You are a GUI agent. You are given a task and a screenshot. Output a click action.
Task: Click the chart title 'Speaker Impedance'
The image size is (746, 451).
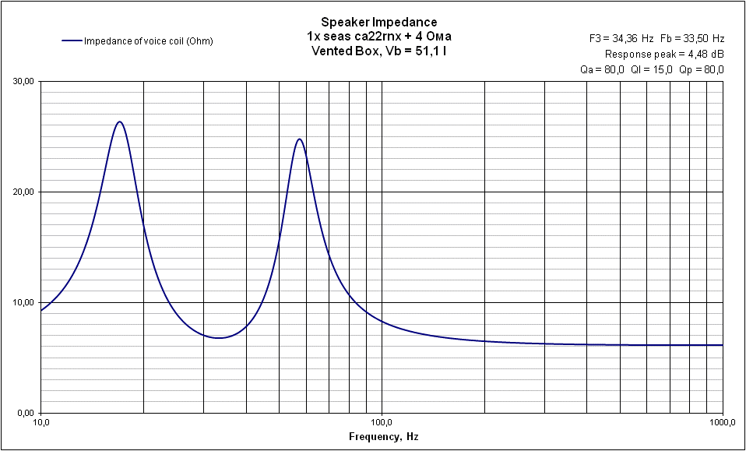click(379, 22)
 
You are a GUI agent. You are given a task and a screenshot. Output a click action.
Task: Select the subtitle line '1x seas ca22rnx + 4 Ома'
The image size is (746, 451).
click(379, 37)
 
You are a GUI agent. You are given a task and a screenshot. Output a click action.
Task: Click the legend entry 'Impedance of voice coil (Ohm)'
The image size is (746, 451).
click(148, 41)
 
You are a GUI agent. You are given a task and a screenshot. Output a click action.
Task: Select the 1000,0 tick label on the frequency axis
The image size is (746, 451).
click(723, 422)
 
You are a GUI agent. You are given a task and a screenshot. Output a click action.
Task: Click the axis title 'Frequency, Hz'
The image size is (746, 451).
click(383, 437)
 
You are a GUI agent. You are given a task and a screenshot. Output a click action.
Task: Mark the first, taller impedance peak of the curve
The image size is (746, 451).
click(119, 122)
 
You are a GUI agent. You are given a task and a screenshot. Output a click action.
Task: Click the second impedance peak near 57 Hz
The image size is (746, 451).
click(299, 139)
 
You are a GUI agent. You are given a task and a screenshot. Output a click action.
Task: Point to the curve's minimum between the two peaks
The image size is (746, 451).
click(220, 338)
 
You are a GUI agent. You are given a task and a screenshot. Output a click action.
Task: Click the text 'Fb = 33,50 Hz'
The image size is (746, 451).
click(692, 38)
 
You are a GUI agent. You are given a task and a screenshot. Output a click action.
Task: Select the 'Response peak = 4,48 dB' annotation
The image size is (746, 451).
click(664, 54)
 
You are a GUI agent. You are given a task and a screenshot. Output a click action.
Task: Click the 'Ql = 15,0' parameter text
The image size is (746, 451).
click(652, 69)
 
